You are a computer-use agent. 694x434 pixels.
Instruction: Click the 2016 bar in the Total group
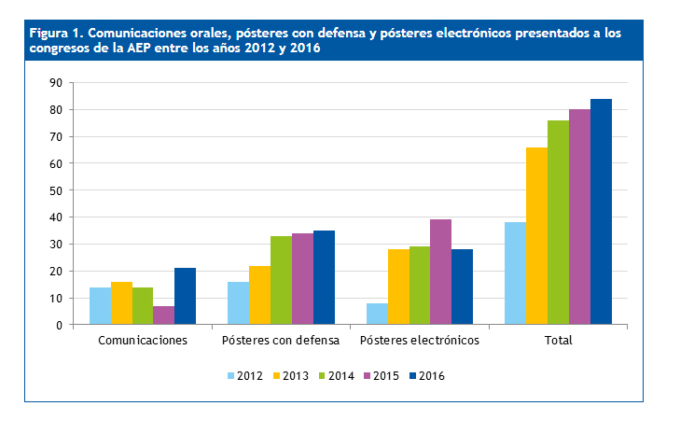[x=601, y=212]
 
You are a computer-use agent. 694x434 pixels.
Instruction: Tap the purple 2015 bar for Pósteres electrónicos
[x=440, y=273]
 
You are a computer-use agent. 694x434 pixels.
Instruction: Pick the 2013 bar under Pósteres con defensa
[x=259, y=295]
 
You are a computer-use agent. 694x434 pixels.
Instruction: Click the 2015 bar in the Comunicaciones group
[x=163, y=315]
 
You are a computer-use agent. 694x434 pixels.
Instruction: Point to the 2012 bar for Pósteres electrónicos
[x=377, y=314]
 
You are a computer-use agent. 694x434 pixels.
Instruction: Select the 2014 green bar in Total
[x=558, y=222]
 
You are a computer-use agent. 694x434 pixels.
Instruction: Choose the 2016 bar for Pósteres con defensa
[x=324, y=278]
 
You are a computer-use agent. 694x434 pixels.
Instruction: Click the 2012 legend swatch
[x=231, y=376]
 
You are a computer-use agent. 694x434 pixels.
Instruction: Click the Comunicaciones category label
[x=143, y=341]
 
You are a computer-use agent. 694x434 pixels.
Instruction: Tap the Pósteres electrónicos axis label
[x=419, y=341]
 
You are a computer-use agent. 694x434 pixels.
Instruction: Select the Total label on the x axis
[x=558, y=341]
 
